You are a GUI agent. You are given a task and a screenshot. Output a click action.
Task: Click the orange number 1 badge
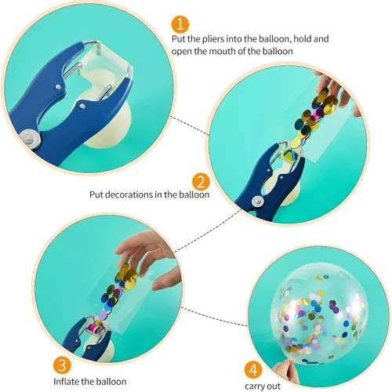point(180,24)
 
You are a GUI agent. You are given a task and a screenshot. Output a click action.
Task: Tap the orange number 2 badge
point(201,182)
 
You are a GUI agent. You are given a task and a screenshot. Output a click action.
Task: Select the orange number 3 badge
point(62,365)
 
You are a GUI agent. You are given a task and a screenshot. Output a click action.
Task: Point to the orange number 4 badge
point(253,370)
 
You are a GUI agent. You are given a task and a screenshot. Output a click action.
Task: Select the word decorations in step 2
point(130,194)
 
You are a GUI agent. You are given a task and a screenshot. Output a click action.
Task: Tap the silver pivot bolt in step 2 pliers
point(258,201)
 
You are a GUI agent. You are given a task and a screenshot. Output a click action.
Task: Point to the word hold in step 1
point(303,39)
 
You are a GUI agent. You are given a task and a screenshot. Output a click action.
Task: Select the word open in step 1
point(181,52)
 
